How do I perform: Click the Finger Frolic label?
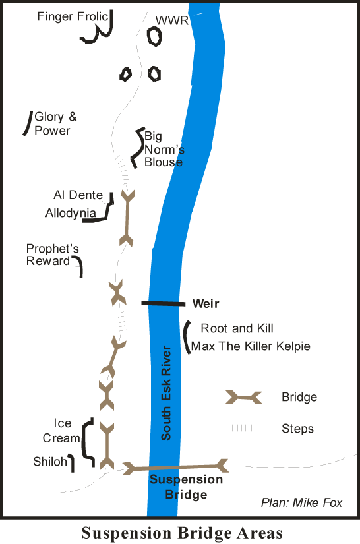point(73,16)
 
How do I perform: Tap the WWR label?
point(172,20)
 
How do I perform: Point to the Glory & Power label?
point(55,123)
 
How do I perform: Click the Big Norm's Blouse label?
point(164,149)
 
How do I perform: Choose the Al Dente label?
point(78,195)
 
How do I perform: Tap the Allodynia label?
point(71,213)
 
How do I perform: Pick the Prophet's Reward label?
point(52,255)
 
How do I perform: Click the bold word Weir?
point(206,303)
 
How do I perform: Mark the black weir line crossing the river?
point(164,303)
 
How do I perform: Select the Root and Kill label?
point(237,328)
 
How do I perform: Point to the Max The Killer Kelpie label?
point(251,346)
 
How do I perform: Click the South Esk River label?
point(166,393)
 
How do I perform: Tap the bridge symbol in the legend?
point(243,397)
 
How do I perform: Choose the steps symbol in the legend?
point(242,428)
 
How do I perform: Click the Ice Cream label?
point(61,431)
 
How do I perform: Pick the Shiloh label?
point(50,462)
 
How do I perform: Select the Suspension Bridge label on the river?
point(186,487)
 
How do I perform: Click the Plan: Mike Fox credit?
point(301,502)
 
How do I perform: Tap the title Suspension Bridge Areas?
point(182,533)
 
